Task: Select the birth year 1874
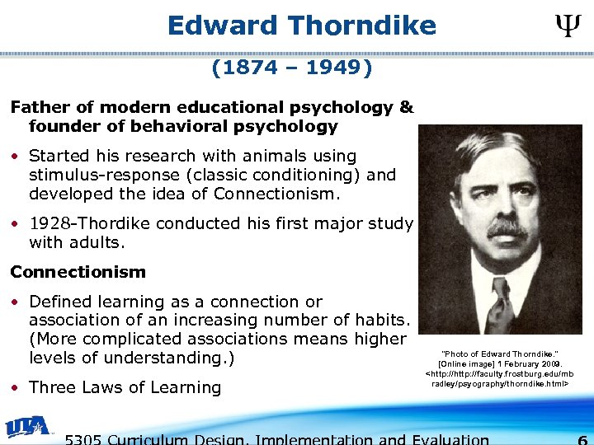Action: pos(252,68)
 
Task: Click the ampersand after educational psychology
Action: pos(406,107)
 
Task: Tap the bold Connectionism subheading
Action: pos(78,272)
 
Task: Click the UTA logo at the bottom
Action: pos(29,427)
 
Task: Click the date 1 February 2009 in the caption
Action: pos(525,363)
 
